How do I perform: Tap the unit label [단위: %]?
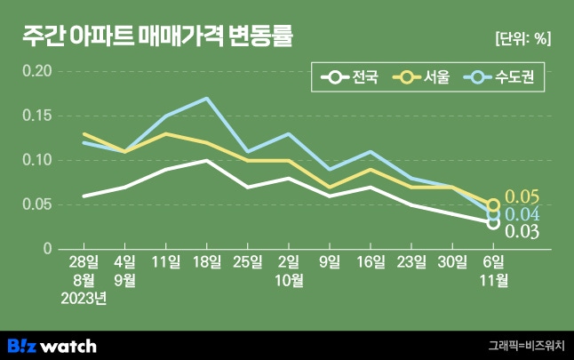(522, 38)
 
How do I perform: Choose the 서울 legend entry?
(422, 78)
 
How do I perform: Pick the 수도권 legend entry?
(500, 78)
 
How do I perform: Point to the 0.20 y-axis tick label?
(38, 71)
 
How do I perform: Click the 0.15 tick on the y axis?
(38, 116)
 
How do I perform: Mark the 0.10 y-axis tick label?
(38, 160)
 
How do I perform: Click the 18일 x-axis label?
(207, 262)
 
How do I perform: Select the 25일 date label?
(248, 262)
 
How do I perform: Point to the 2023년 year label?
(84, 299)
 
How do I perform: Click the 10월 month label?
(289, 281)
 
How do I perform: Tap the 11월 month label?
(494, 281)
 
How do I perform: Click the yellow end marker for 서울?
(493, 204)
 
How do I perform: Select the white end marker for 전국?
(493, 222)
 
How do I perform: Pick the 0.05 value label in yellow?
(522, 197)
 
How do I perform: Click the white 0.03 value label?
(522, 232)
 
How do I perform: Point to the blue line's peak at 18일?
(207, 99)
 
